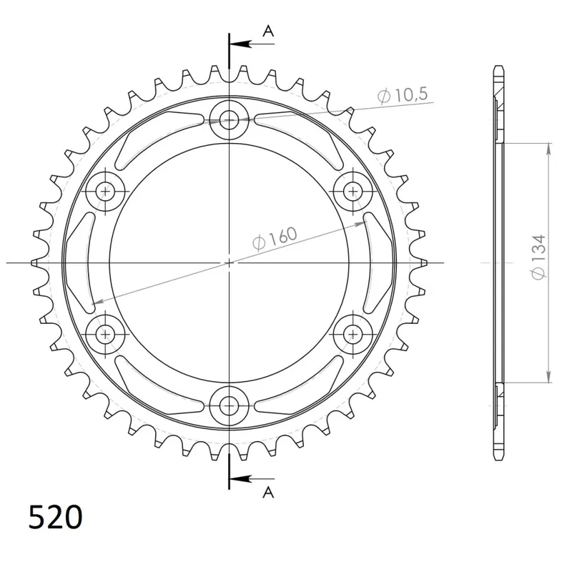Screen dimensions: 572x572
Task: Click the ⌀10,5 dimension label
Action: coord(403,95)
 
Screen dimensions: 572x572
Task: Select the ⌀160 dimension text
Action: coord(275,239)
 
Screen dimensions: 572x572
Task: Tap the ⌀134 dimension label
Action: coord(539,257)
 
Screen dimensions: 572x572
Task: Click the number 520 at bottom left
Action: coord(56,517)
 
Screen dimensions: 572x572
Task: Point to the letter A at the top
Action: coord(269,31)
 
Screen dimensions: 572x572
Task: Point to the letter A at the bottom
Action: coord(269,493)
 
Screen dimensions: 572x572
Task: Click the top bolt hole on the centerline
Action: coord(229,119)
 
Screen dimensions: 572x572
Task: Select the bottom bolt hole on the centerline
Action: coord(229,405)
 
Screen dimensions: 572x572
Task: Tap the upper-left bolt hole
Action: coord(105,191)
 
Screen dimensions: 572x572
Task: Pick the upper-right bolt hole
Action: coord(353,191)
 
